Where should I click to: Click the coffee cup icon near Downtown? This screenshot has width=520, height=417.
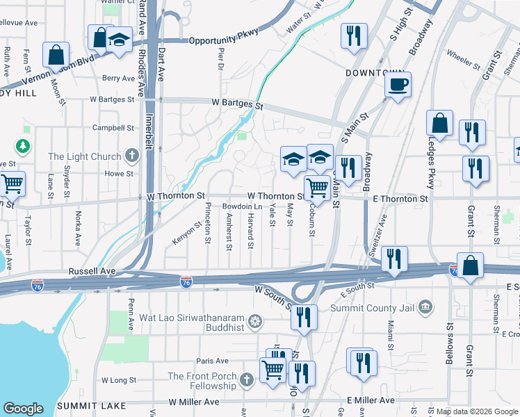pos(398,85)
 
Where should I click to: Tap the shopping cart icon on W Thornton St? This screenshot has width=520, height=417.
pos(317,186)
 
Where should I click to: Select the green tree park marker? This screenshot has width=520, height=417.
pos(23,145)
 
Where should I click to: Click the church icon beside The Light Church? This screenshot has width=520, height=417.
pos(133,156)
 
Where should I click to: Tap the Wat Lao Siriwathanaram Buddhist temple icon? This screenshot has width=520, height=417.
pos(256,321)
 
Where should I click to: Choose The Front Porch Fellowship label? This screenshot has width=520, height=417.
pos(202,381)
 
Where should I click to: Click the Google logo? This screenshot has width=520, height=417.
pos(24,409)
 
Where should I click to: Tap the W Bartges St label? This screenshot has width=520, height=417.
pos(238,104)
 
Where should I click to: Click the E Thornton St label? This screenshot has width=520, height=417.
pos(400,199)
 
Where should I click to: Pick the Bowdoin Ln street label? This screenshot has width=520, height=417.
pos(242,207)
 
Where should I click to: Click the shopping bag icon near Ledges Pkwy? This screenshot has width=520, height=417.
pos(439,124)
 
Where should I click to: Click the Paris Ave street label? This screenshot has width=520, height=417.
pos(212,361)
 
